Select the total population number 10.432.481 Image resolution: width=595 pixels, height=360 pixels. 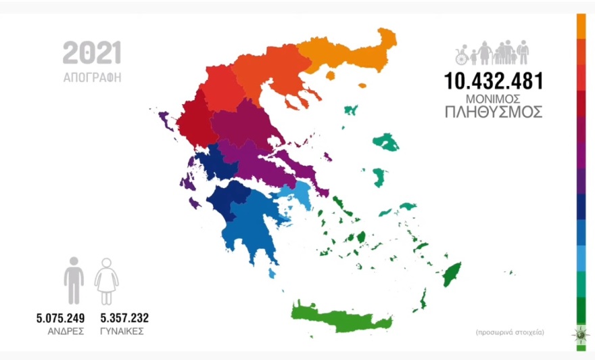[x=493, y=81]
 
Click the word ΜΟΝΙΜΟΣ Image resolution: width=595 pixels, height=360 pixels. [x=493, y=98]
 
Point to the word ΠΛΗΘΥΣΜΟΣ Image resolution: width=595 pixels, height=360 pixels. [x=493, y=112]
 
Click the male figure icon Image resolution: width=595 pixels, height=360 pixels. [x=74, y=280]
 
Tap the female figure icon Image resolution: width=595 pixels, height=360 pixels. [x=106, y=280]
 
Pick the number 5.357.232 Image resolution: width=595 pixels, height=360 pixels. [x=124, y=318]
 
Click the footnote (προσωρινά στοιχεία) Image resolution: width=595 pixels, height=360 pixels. [x=510, y=332]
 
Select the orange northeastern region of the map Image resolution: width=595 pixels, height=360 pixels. [x=345, y=54]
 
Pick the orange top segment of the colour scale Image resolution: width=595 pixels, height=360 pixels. [x=581, y=26]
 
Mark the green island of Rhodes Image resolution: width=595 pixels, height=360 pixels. [x=450, y=273]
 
